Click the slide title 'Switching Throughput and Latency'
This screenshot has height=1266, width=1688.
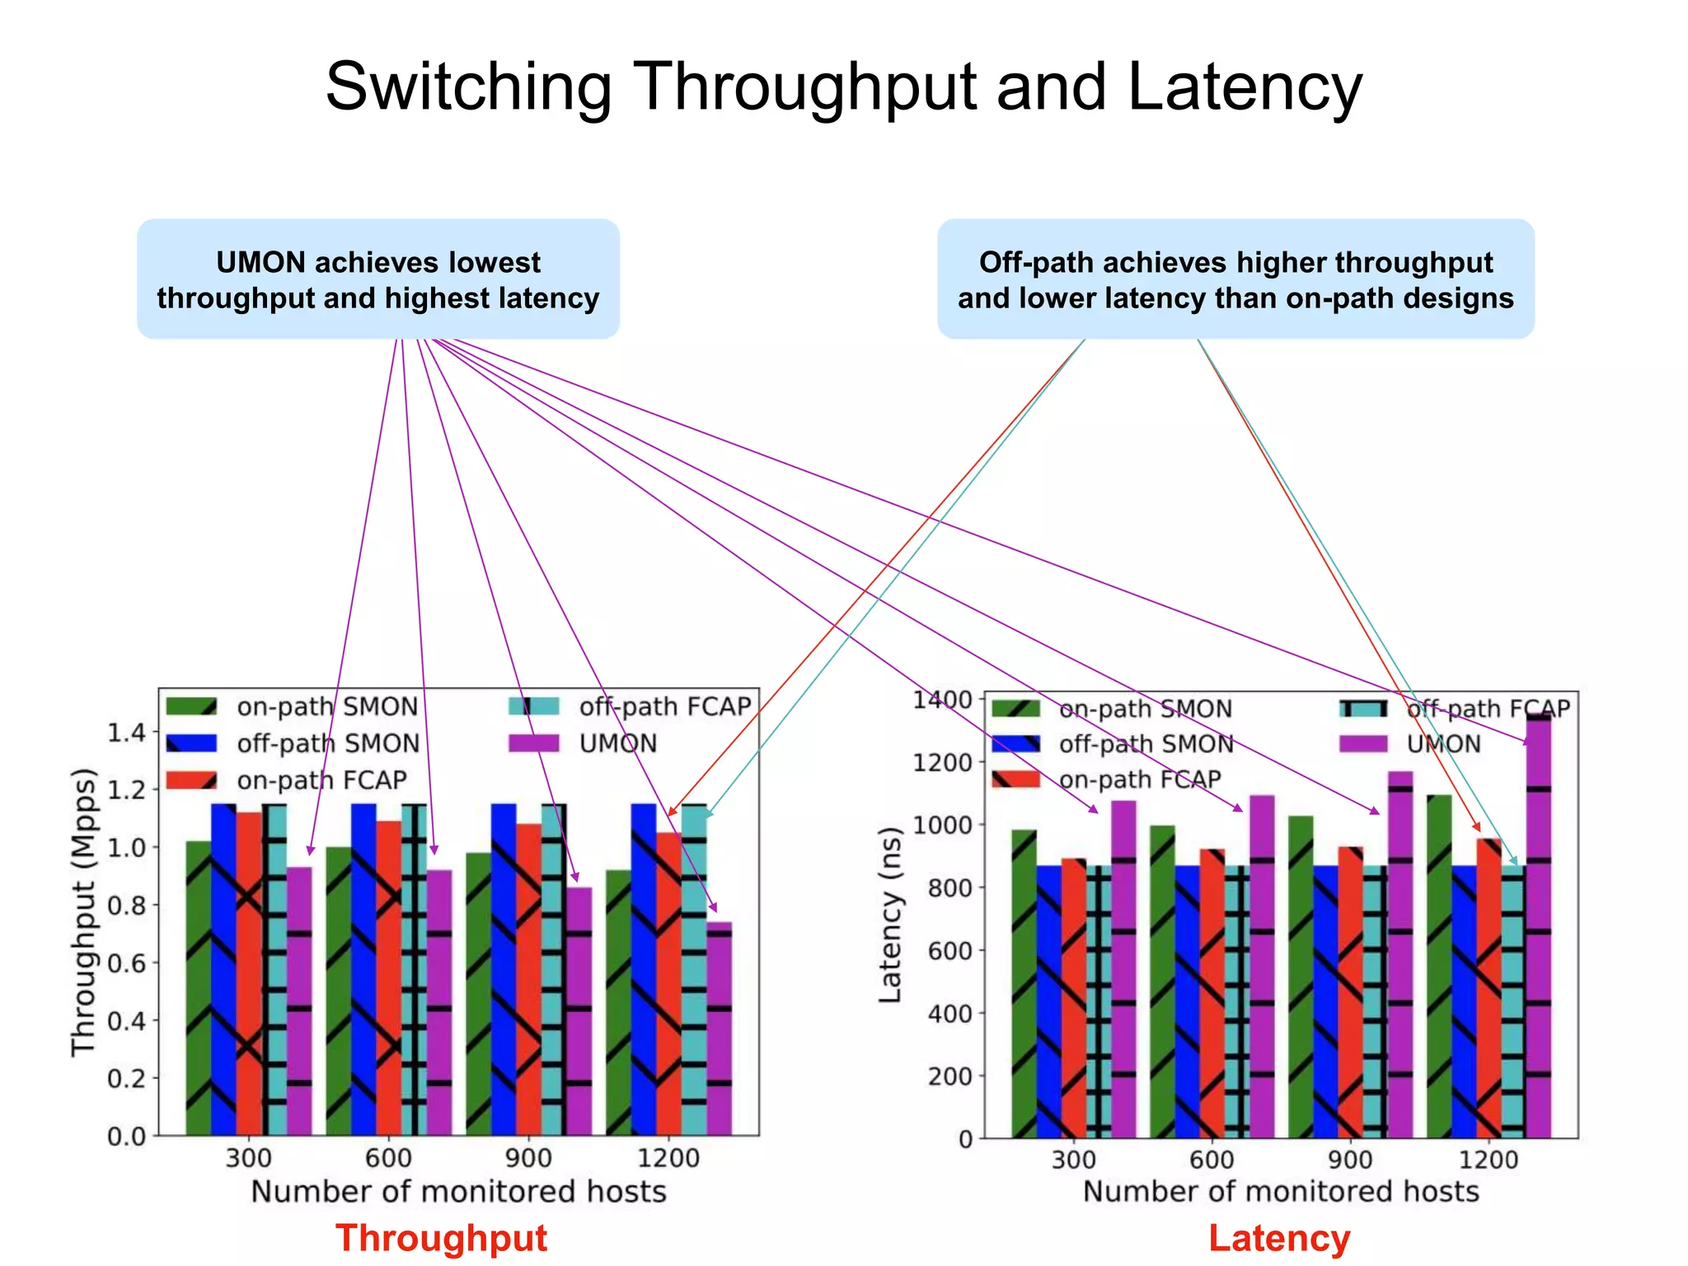click(843, 87)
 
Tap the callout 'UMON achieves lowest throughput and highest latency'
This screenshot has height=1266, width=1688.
click(378, 279)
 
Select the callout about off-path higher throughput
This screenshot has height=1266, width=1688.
click(1236, 279)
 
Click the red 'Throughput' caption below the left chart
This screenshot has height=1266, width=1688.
click(441, 1238)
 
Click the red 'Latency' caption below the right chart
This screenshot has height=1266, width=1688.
click(1279, 1238)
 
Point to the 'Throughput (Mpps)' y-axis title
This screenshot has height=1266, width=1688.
click(83, 912)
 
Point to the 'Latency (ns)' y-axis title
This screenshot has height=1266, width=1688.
click(890, 915)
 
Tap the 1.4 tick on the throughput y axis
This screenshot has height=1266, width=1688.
click(126, 732)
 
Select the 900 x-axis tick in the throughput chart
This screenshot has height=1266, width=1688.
click(528, 1158)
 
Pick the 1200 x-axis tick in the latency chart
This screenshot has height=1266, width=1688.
click(1488, 1160)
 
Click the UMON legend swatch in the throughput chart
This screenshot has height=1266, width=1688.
click(533, 743)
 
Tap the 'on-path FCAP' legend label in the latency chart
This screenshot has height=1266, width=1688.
click(1140, 779)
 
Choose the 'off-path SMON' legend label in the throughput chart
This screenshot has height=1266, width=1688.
click(328, 743)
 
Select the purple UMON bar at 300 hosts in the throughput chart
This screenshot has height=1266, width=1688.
click(299, 1001)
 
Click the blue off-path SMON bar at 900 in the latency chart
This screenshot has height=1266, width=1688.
click(1325, 1001)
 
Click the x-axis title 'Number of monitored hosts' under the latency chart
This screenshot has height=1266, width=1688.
click(1280, 1192)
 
